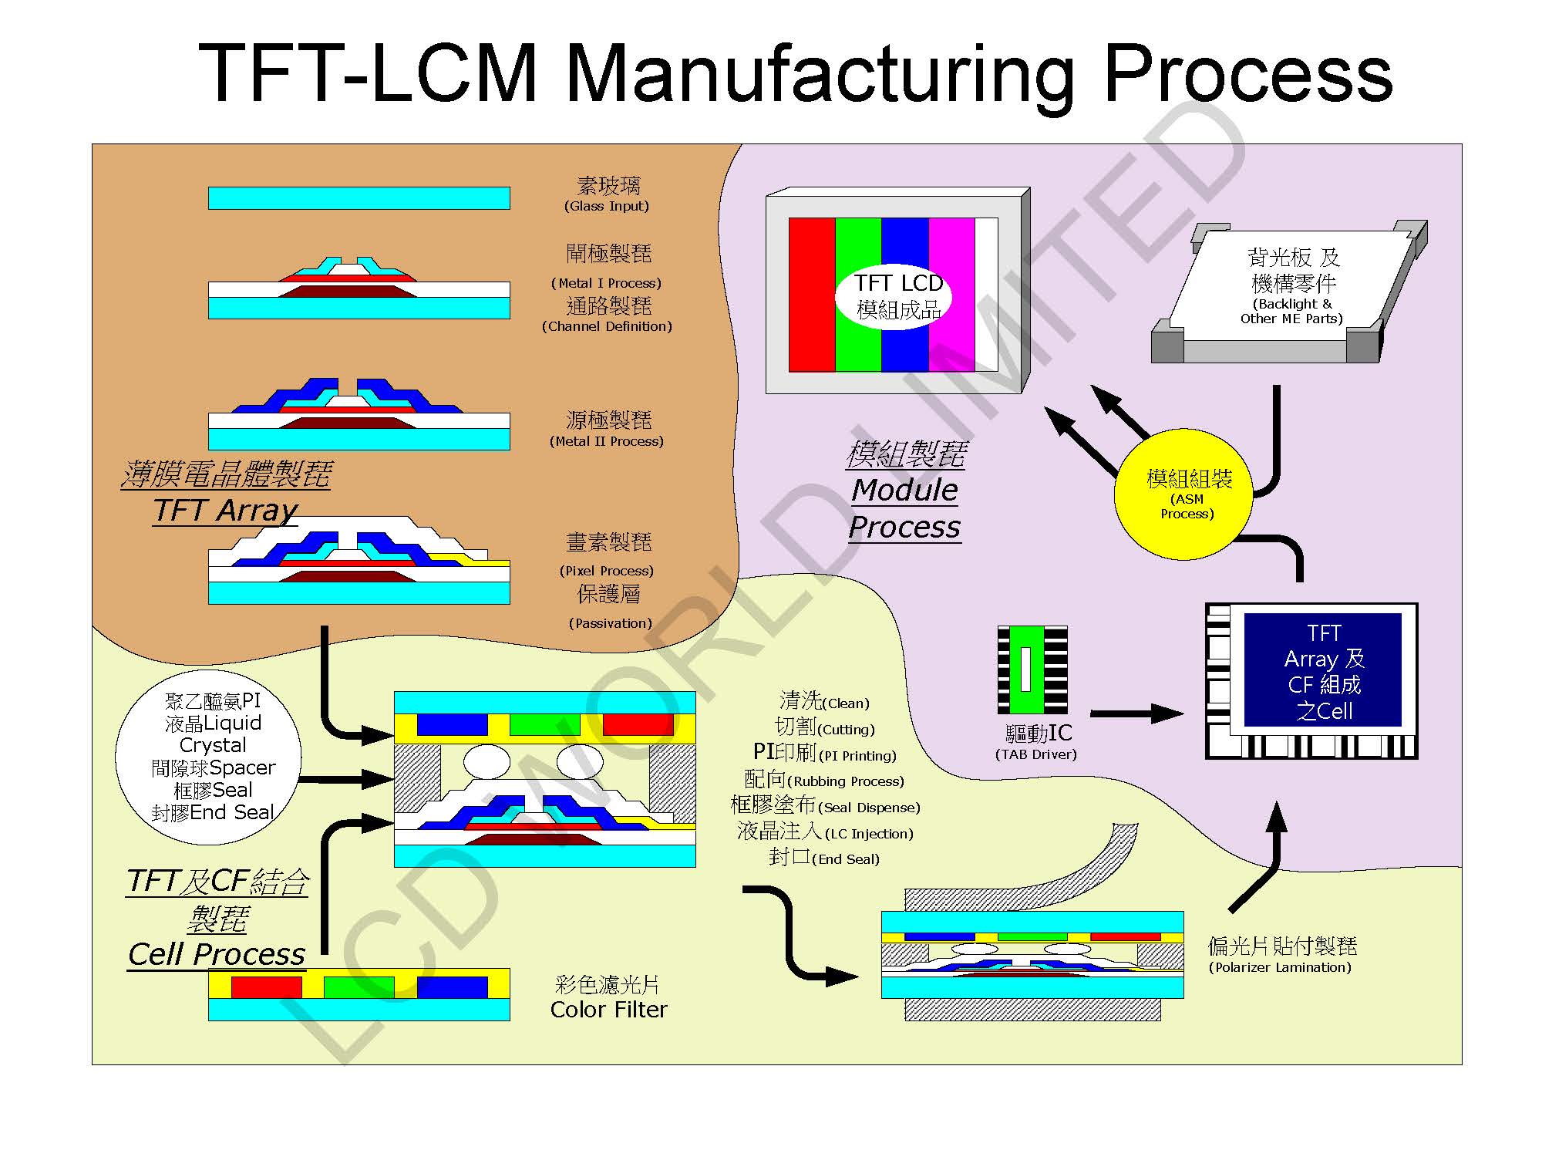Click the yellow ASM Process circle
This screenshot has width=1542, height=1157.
tap(1184, 494)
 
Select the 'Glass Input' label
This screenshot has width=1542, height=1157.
tap(607, 206)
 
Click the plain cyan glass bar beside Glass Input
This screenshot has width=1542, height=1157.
tap(359, 198)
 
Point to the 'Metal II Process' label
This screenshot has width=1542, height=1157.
tap(607, 441)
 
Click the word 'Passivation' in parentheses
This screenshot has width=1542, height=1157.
tap(611, 623)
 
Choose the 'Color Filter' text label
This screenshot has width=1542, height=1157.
tap(608, 1009)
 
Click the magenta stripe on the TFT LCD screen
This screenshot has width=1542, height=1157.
tap(951, 295)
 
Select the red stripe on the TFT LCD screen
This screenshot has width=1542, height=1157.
tap(812, 295)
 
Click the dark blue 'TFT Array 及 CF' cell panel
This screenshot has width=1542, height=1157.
tap(1322, 670)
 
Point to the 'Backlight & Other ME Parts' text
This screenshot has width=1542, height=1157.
tap(1291, 311)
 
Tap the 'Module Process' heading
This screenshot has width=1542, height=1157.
tap(904, 508)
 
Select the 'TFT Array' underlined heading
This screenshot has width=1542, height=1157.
tap(225, 510)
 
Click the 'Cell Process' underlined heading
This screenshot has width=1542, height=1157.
tap(217, 954)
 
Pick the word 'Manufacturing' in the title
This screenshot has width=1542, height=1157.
tap(820, 73)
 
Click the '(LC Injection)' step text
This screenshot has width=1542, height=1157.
tap(869, 834)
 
